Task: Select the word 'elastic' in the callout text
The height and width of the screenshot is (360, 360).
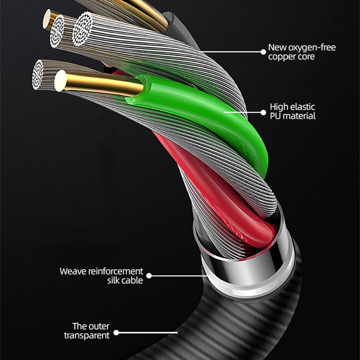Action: coord(301,106)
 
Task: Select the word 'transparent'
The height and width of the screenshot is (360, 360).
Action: coord(87,335)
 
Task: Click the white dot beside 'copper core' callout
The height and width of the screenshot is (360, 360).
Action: coord(263,52)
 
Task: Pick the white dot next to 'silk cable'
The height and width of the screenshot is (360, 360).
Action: coord(149,276)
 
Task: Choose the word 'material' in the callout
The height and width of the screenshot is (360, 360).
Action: coord(299,116)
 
